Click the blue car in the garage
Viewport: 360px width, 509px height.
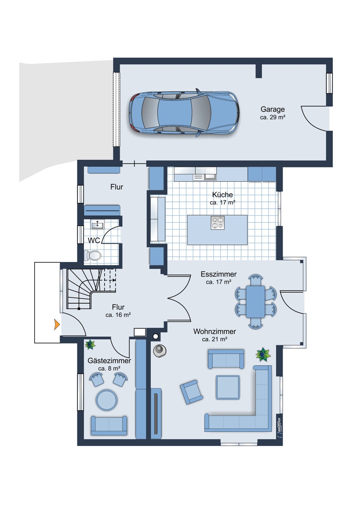[x=184, y=113]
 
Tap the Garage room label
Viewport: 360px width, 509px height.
[x=272, y=109]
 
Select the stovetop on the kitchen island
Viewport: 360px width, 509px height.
[x=217, y=223]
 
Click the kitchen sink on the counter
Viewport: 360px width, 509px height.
[x=204, y=174]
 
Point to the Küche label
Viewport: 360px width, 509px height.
[x=222, y=194]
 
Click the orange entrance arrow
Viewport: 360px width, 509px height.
[x=57, y=324]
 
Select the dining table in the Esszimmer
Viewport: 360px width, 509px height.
[x=255, y=302]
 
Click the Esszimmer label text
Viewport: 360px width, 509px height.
[x=218, y=274]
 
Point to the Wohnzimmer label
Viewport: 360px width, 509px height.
[x=215, y=332]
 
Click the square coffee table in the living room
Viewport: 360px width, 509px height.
[x=228, y=388]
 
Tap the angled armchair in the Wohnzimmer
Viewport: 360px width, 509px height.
[x=192, y=392]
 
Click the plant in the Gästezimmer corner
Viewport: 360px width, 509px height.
[x=90, y=345]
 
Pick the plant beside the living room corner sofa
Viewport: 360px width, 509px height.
[x=263, y=354]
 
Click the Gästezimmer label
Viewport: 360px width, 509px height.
[x=109, y=361]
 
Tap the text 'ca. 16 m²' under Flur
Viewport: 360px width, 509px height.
[x=118, y=315]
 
